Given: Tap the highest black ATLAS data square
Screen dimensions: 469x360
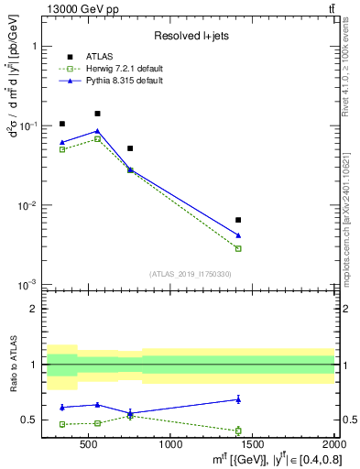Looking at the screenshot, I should click(x=97, y=114).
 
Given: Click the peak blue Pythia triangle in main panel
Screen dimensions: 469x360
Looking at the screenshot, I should click(x=97, y=131).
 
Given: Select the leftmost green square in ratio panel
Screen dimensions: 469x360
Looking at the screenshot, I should click(x=62, y=424).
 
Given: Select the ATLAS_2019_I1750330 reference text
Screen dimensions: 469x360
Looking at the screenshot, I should click(x=191, y=274).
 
